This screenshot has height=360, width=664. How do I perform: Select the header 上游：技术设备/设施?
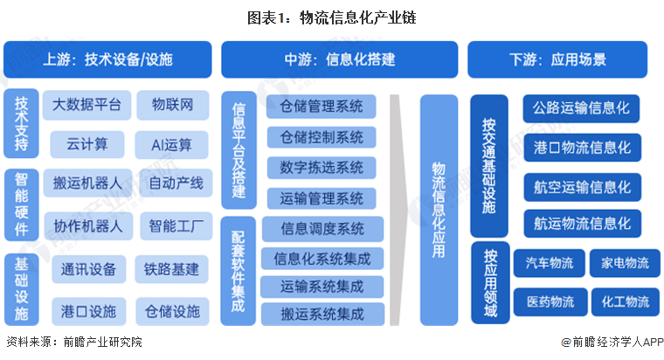pyautogui.click(x=107, y=59)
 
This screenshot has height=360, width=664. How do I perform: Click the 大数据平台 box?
pyautogui.click(x=86, y=106)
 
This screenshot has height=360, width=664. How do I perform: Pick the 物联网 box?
pyautogui.click(x=172, y=106)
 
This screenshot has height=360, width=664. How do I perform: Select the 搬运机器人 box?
pyautogui.click(x=86, y=183)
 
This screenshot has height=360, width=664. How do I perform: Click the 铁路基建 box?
pyautogui.click(x=172, y=268)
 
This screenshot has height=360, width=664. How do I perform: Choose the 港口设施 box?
pyautogui.click(x=86, y=308)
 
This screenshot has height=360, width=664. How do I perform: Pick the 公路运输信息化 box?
pyautogui.click(x=582, y=109)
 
